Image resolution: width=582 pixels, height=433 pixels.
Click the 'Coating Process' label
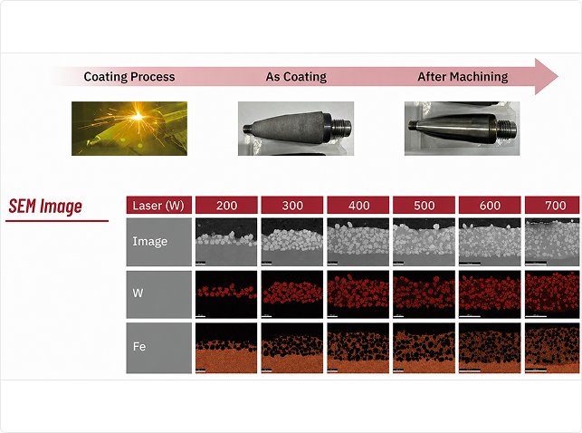(129, 76)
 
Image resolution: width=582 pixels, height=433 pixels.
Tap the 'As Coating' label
(296, 76)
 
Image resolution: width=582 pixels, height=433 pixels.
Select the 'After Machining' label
(463, 76)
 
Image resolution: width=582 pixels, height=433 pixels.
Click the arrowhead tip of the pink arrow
(558, 76)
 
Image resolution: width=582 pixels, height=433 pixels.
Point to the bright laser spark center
(138, 116)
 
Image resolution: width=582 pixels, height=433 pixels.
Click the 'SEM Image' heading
(45, 207)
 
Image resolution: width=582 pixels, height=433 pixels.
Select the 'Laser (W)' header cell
(159, 206)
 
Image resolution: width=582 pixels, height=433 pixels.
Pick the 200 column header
(226, 206)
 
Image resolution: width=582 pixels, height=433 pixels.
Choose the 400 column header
(358, 206)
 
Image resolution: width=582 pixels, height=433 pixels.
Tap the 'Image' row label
(150, 241)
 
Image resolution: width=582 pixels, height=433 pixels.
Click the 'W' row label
(138, 293)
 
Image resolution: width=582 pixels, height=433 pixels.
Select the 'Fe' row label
(139, 347)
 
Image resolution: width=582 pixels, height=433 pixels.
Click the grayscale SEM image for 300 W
(292, 242)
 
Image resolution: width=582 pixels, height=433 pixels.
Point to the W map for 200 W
(226, 294)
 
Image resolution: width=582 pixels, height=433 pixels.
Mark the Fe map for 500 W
(424, 348)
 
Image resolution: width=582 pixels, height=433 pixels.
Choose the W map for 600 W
(490, 294)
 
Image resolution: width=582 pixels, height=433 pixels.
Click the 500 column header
(424, 206)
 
